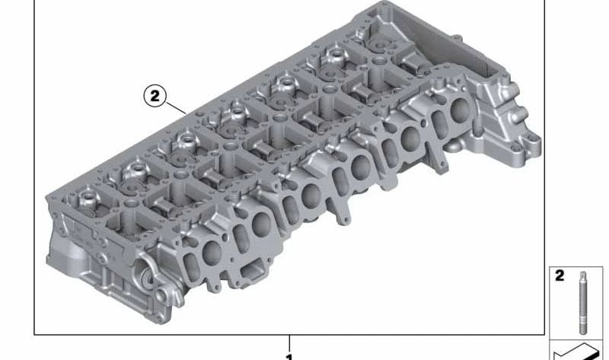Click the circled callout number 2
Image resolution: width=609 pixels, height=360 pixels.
point(155,96)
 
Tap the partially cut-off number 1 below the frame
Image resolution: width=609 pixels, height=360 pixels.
point(289,357)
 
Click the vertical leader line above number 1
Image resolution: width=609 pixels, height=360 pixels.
point(289,344)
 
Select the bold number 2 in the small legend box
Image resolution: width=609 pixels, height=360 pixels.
point(560,276)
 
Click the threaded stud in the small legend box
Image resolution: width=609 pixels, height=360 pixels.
point(582,303)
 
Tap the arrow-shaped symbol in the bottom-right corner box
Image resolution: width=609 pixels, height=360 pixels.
point(576,352)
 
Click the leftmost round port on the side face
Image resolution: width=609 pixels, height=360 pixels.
point(212,253)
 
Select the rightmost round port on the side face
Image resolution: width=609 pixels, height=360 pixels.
point(460,110)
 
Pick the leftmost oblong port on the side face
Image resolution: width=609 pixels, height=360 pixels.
point(191,266)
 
